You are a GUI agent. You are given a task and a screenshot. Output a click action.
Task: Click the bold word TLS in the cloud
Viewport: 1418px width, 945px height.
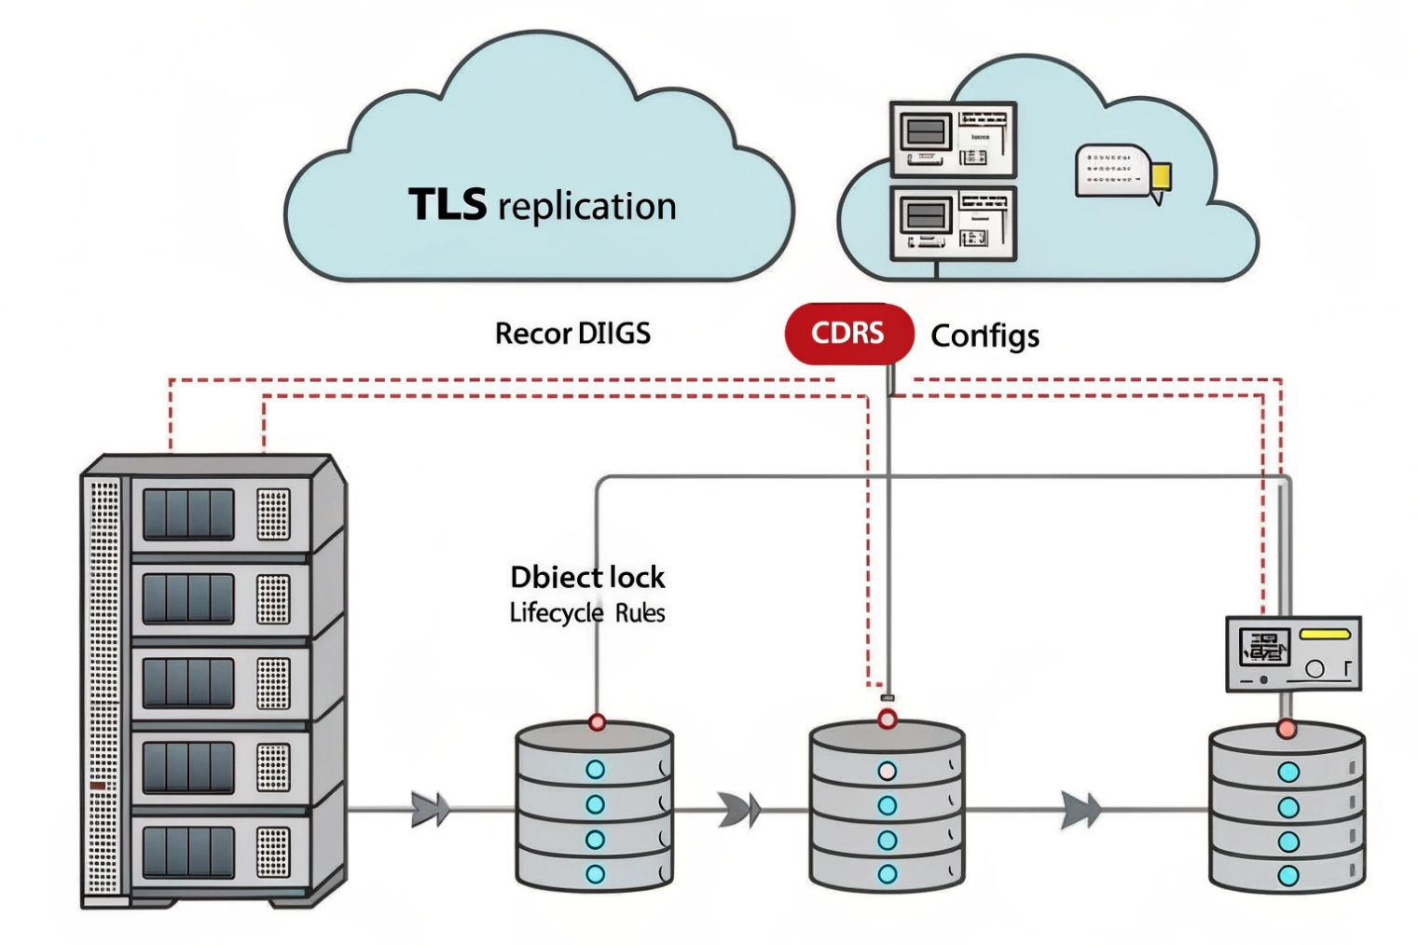(x=447, y=204)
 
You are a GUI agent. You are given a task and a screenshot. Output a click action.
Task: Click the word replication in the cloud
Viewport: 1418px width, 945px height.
(x=587, y=207)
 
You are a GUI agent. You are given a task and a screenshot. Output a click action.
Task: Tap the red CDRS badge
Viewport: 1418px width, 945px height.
(x=847, y=333)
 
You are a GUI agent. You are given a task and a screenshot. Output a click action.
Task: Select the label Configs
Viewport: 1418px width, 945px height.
(x=984, y=336)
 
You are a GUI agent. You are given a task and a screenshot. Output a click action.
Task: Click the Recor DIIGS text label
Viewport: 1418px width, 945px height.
(x=572, y=333)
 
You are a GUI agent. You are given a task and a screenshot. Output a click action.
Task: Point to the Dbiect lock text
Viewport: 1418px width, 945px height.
(x=587, y=577)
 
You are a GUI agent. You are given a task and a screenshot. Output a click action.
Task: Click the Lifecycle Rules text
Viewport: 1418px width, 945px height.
(x=587, y=612)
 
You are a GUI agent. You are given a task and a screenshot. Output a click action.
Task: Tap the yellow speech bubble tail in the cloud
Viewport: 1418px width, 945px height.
(x=1160, y=180)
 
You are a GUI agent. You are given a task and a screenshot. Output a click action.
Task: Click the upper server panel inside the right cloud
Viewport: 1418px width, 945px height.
(x=953, y=139)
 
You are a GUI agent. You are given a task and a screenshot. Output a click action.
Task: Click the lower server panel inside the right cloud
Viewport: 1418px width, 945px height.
(x=953, y=222)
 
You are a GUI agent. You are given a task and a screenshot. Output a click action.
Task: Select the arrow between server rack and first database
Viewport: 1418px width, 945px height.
(x=430, y=810)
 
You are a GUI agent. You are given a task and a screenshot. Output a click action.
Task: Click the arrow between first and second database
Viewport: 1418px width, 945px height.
(x=739, y=810)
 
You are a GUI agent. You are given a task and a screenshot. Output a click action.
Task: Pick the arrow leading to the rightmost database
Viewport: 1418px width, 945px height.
(x=1081, y=810)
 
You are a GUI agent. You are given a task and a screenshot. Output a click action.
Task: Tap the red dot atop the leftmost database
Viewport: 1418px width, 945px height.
(x=597, y=722)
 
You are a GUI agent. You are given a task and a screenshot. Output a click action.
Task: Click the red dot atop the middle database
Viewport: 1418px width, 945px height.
(x=888, y=719)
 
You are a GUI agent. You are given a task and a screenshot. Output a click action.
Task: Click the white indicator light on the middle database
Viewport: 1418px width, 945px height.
(x=888, y=771)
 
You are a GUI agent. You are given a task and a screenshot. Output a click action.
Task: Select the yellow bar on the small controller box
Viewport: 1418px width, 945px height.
(x=1324, y=634)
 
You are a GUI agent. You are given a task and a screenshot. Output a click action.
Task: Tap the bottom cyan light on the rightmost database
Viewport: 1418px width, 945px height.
(x=1288, y=875)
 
